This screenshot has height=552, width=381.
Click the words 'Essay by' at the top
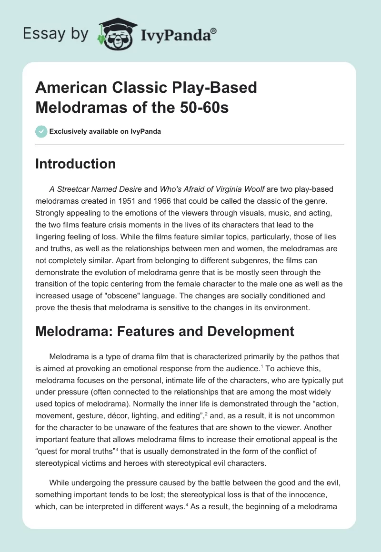[55, 34]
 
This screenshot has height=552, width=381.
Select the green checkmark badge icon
[41, 131]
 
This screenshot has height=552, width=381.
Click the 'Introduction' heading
[75, 164]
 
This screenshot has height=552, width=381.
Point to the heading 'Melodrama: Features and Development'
[165, 331]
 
